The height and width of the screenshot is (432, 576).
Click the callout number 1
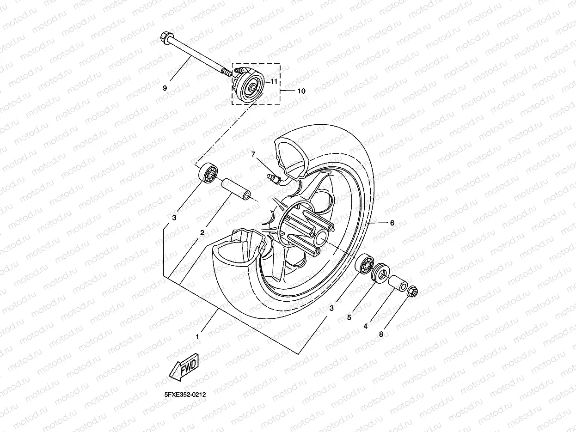tap(197, 337)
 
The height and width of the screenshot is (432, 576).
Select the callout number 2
tap(202, 233)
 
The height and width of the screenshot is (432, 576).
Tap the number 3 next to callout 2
tap(174, 217)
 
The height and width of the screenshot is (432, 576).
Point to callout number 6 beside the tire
tap(392, 223)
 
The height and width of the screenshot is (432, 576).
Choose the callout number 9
tap(165, 87)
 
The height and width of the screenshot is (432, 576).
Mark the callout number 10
tap(301, 91)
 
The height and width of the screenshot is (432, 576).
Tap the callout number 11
tap(287, 81)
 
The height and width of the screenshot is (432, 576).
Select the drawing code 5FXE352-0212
tap(184, 395)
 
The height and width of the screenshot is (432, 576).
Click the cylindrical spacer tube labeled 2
tap(236, 190)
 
